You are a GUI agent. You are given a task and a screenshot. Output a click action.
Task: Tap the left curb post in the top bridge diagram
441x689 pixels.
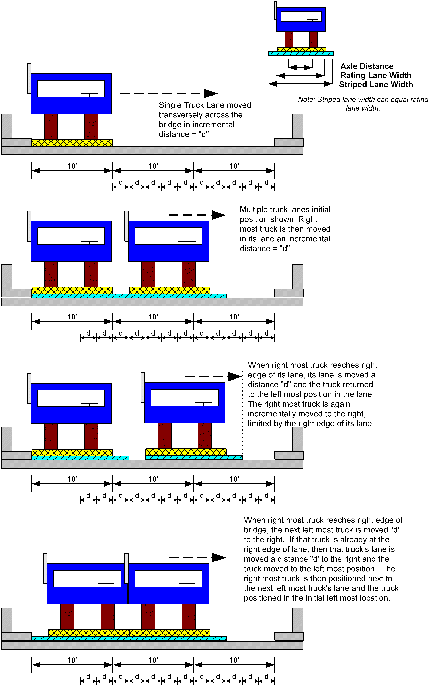tap(7, 126)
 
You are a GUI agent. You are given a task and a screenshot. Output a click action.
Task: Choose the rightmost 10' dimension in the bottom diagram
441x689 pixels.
tap(234, 660)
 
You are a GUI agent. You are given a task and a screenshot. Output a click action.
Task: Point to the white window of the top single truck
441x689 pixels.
tap(71, 89)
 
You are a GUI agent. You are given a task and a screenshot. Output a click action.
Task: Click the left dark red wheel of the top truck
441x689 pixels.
tap(51, 127)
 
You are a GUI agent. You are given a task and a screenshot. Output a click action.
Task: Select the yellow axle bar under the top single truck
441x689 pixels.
tap(72, 143)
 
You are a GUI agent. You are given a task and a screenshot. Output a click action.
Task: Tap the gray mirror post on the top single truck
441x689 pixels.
tap(29, 79)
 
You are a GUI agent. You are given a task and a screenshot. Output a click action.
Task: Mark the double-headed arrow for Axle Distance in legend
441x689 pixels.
tap(300, 68)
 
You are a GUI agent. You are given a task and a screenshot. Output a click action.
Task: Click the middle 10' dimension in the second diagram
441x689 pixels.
tap(153, 317)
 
